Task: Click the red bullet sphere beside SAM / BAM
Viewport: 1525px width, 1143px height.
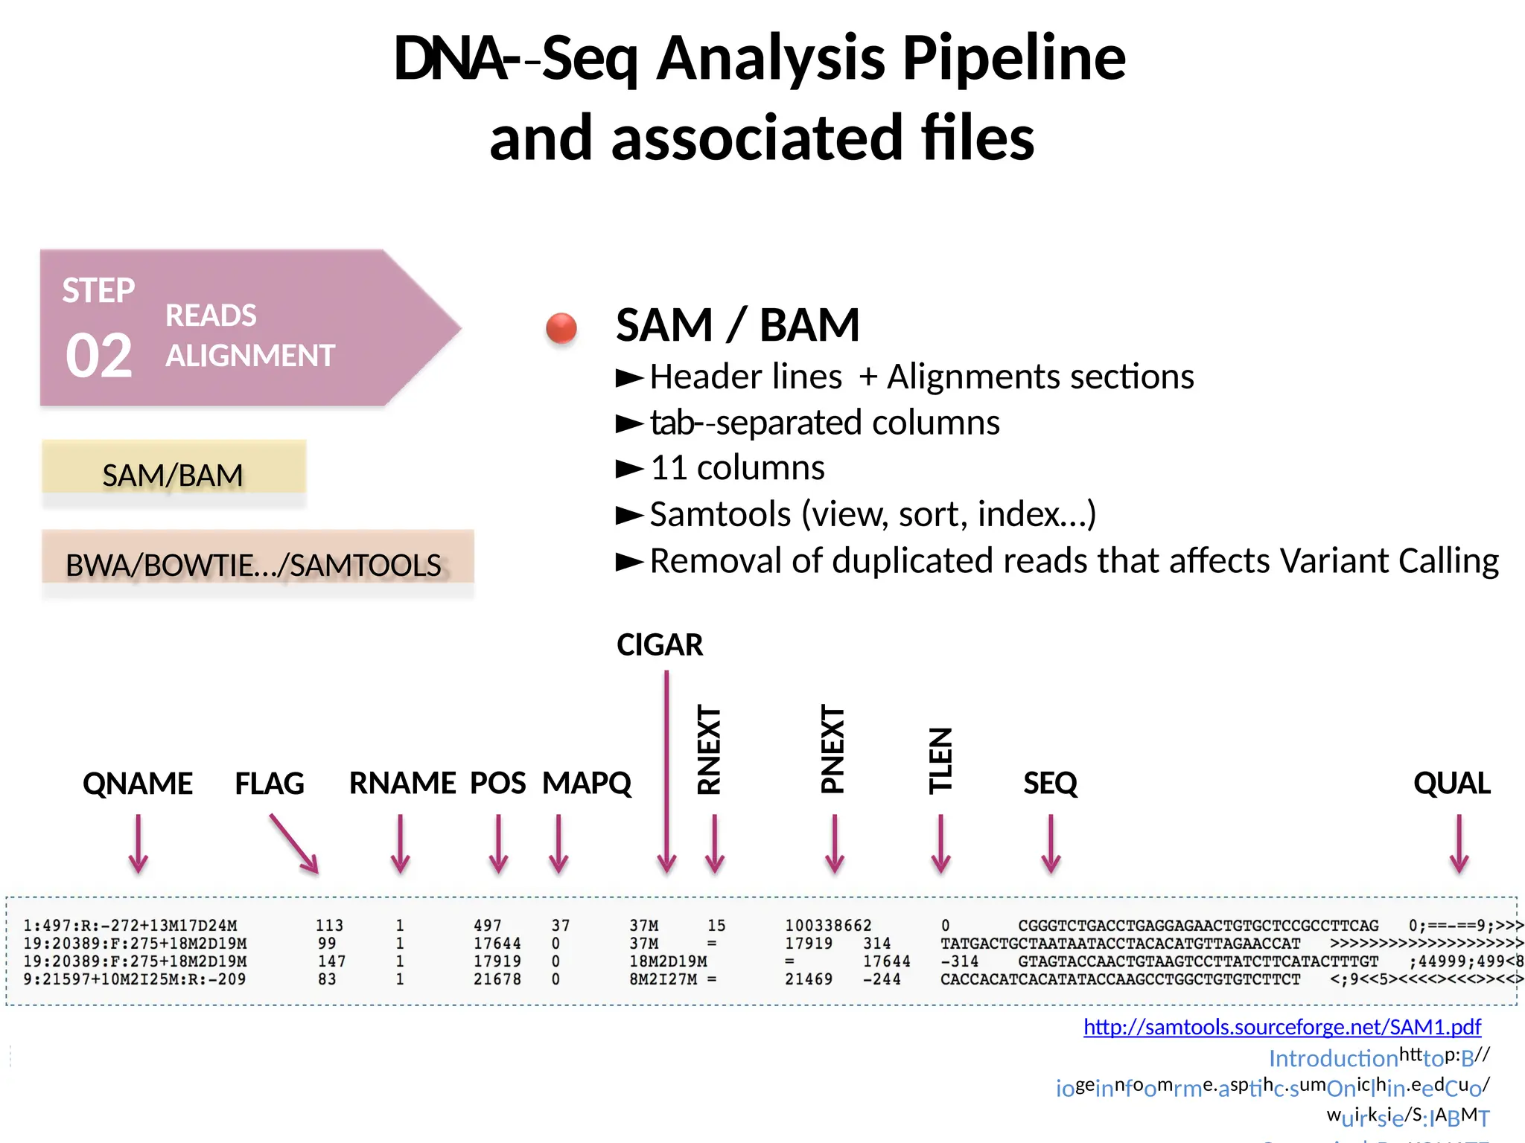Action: [561, 328]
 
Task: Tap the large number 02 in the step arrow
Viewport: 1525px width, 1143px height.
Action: [99, 356]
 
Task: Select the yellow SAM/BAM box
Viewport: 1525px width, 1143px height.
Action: [173, 468]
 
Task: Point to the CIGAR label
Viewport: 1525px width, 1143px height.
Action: [659, 644]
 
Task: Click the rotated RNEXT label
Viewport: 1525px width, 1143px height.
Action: [710, 750]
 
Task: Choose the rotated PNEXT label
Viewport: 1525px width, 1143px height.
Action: [832, 749]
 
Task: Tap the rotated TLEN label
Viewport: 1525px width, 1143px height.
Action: [940, 761]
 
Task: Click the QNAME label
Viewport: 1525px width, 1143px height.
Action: [138, 784]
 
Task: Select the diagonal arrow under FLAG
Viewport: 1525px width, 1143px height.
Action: [294, 844]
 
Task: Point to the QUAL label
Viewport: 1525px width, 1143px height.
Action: [1451, 784]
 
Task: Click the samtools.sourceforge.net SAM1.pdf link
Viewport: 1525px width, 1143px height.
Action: [1282, 1027]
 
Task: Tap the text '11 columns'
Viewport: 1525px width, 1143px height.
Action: [737, 468]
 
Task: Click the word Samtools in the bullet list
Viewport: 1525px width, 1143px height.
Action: [720, 514]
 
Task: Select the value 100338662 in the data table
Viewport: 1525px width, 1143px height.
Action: [827, 926]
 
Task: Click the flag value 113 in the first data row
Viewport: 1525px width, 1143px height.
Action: [329, 926]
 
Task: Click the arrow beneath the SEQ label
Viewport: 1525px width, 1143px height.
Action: [1051, 844]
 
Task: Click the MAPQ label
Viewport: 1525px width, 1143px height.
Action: [586, 784]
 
